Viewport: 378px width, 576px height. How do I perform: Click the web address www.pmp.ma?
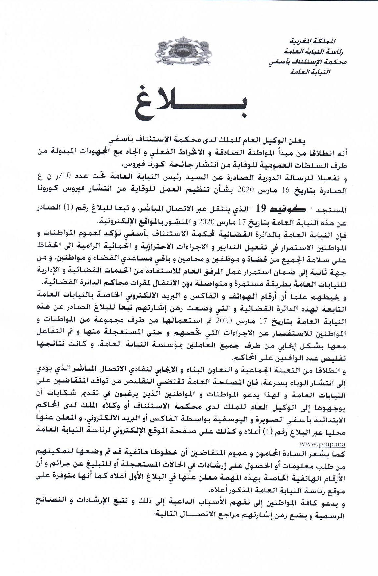pyautogui.click(x=322, y=444)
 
